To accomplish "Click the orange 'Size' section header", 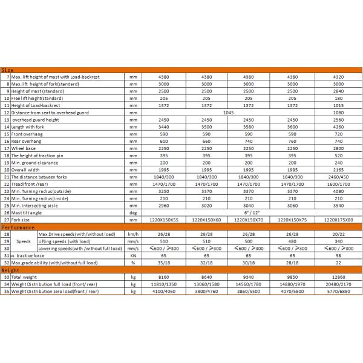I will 8,71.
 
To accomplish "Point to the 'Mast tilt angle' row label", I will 31,212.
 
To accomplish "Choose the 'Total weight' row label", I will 28,277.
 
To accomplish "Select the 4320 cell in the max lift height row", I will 341,77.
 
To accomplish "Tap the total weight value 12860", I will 341,277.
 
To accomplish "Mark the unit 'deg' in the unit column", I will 132,212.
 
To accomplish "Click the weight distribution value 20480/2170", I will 341,284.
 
